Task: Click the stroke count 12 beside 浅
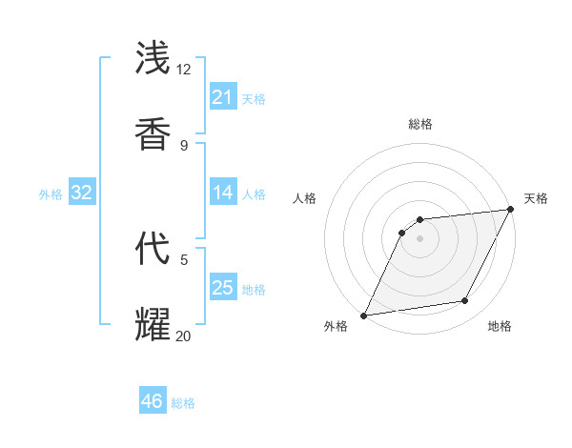pos(184,70)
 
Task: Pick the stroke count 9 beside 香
pos(184,145)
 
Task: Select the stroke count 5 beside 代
pos(184,258)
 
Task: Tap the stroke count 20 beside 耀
pos(184,335)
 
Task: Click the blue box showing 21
pos(223,97)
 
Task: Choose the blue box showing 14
pos(223,193)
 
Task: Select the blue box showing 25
pos(223,287)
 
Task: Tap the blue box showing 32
pos(82,193)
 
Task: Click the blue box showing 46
pos(153,401)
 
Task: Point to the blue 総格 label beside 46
pos(183,403)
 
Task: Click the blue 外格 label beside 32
pos(51,194)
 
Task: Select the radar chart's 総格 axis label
pos(419,124)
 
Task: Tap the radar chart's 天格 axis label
pos(536,198)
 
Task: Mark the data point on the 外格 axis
pos(363,316)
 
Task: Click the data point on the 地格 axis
pos(465,301)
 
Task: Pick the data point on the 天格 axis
pos(510,209)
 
